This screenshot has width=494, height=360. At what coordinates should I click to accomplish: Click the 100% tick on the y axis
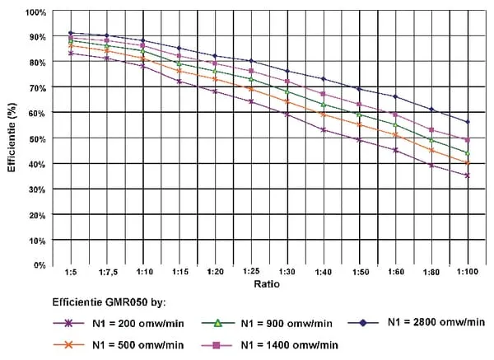pyautogui.click(x=35, y=12)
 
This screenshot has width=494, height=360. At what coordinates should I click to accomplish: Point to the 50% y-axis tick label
pyautogui.click(x=37, y=138)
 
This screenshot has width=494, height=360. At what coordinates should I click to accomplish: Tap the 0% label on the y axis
pyautogui.click(x=40, y=265)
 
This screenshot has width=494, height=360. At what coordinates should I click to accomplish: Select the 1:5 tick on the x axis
pyautogui.click(x=72, y=271)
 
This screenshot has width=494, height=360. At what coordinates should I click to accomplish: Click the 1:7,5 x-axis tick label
pyautogui.click(x=107, y=271)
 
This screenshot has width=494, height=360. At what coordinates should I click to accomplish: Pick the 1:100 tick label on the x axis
pyautogui.click(x=467, y=271)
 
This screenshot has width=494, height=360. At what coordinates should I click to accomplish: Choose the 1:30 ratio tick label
pyautogui.click(x=287, y=271)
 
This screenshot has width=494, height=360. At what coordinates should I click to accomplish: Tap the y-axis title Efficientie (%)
pyautogui.click(x=12, y=138)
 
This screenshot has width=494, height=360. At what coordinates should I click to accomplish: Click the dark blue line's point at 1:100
pyautogui.click(x=467, y=122)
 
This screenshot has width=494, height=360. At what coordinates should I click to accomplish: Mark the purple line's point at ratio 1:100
pyautogui.click(x=467, y=175)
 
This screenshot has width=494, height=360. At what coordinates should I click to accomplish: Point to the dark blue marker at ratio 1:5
pyautogui.click(x=72, y=33)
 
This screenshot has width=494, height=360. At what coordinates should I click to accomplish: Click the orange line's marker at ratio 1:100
pyautogui.click(x=467, y=162)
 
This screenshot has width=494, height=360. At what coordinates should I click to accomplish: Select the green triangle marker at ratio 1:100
pyautogui.click(x=467, y=153)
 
